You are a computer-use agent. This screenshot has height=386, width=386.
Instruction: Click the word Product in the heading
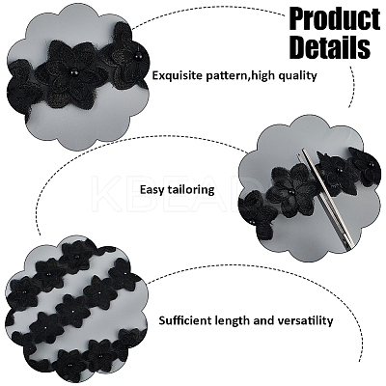[335, 19]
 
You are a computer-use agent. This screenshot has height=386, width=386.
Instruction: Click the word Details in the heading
[330, 47]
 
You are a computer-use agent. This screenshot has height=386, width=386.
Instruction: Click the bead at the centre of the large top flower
[71, 73]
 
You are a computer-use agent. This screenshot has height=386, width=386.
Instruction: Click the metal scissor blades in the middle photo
[326, 202]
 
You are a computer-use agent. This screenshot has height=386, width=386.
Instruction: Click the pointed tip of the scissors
[298, 154]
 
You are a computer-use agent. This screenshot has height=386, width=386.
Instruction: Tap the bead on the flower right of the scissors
[338, 170]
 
